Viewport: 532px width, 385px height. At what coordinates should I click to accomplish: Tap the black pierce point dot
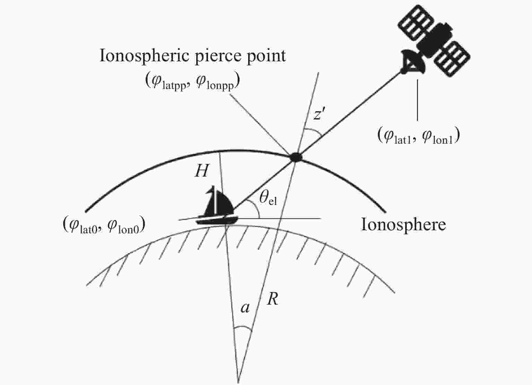[x=296, y=157]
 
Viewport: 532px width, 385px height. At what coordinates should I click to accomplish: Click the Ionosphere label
[x=403, y=225]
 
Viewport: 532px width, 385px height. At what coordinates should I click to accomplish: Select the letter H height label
[x=202, y=171]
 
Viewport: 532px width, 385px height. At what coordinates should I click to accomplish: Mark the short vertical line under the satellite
[x=418, y=100]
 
